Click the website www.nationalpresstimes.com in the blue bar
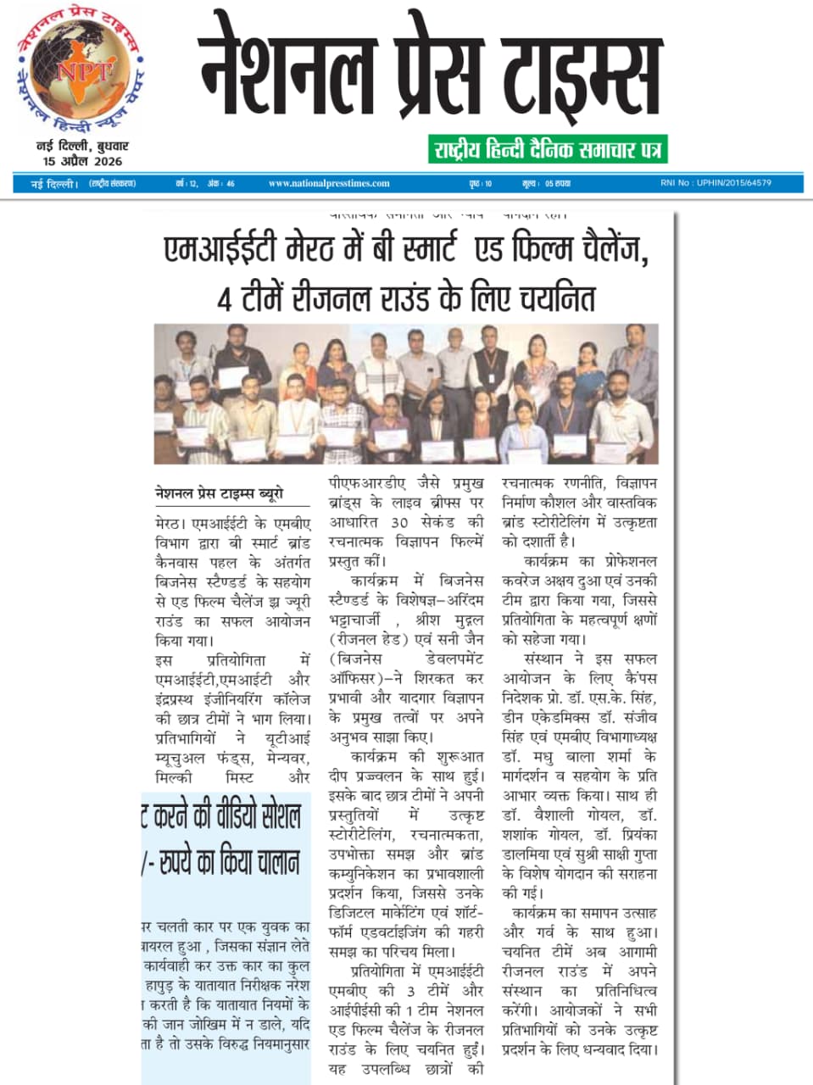click(x=329, y=183)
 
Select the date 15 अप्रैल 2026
click(x=82, y=161)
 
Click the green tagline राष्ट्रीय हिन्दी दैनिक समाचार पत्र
click(x=548, y=150)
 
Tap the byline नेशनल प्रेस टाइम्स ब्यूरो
click(x=220, y=493)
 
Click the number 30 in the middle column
click(x=399, y=522)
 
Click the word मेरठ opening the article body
click(x=170, y=523)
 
